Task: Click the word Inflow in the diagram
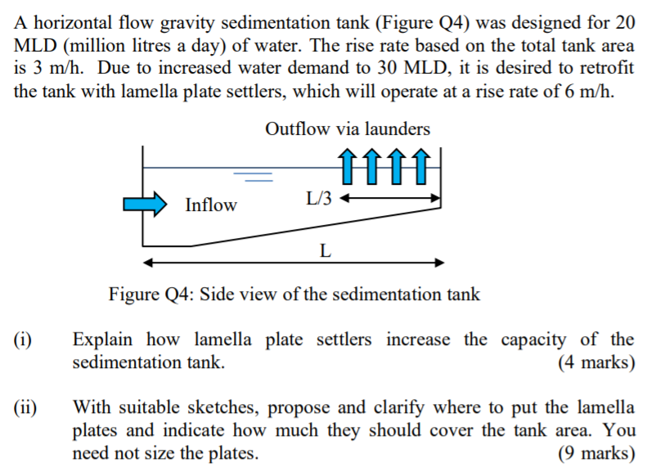click(x=210, y=205)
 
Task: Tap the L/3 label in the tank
click(x=319, y=198)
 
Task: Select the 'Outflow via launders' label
click(x=347, y=129)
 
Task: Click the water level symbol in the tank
click(x=253, y=174)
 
